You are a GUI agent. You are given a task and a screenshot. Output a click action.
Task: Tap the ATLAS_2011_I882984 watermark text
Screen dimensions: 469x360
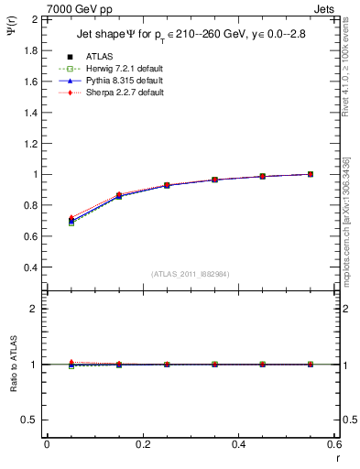pos(190,273)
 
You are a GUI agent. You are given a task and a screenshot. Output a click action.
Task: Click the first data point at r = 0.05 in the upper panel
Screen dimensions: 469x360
pos(71,221)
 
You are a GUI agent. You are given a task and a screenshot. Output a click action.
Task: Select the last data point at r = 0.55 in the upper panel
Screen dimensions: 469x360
pos(311,174)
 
